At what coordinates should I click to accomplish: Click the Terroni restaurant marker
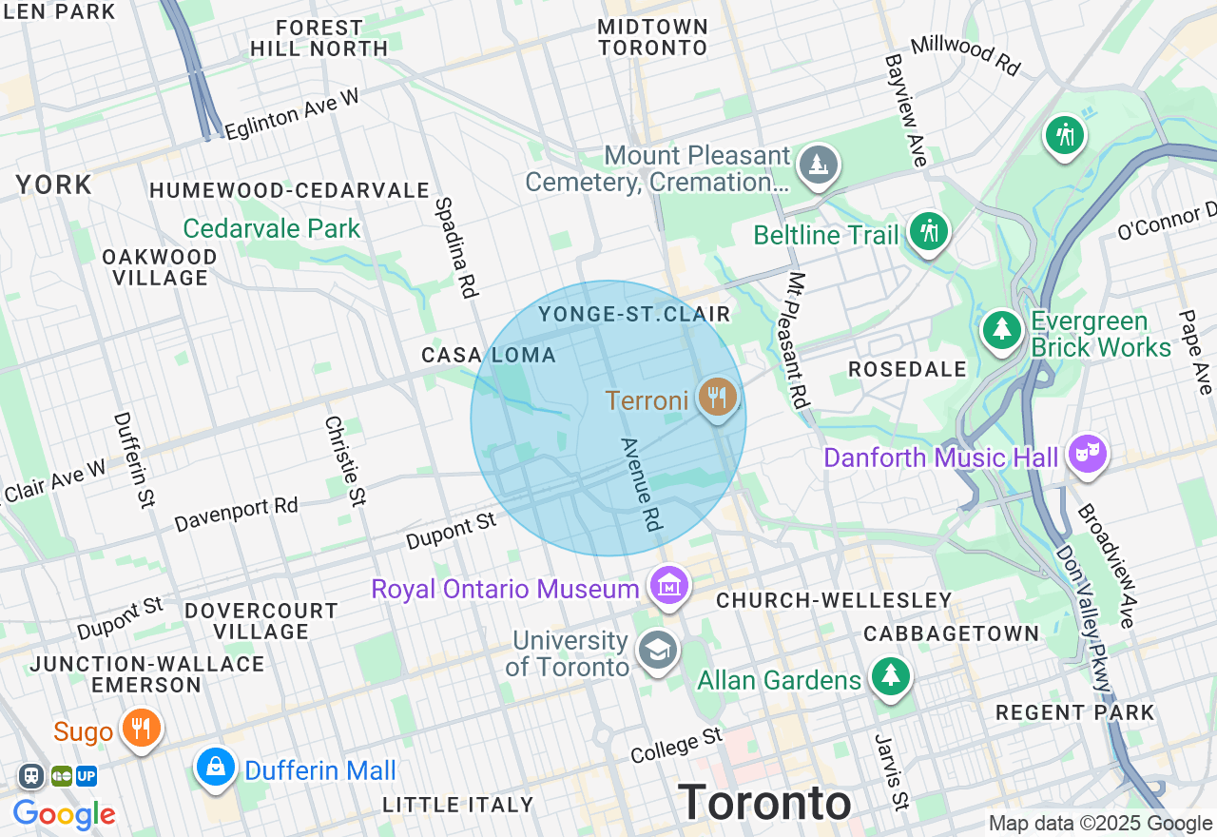point(717,397)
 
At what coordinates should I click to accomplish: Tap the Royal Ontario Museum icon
point(669,585)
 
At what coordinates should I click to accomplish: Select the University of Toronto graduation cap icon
point(658,650)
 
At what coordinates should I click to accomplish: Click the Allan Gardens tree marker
point(891,676)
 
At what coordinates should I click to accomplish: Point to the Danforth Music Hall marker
point(1087,455)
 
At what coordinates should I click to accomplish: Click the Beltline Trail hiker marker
point(928,231)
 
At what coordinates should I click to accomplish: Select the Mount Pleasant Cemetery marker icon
point(818,165)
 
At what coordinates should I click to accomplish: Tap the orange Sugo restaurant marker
point(142,729)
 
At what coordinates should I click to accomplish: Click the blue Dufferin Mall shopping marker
point(216,766)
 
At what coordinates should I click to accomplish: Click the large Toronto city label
point(764,803)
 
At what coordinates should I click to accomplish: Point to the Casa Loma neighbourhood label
point(489,355)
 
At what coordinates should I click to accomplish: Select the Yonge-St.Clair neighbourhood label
point(634,314)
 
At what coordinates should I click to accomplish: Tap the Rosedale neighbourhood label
point(907,369)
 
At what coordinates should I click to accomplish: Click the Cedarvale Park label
point(272,228)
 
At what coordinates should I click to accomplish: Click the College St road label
point(677,745)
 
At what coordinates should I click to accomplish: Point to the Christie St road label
point(345,461)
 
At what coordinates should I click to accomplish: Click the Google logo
point(64,814)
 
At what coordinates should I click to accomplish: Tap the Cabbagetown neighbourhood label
point(951,633)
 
